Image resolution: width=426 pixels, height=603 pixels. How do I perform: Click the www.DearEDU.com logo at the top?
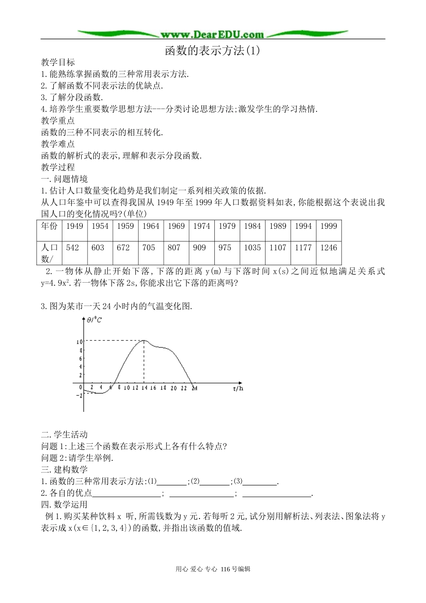click(x=212, y=35)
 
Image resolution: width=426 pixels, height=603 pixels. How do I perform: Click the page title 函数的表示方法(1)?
click(x=213, y=50)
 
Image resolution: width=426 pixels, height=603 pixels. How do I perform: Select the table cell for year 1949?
click(x=74, y=226)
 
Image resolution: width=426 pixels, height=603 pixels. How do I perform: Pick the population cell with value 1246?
click(x=328, y=248)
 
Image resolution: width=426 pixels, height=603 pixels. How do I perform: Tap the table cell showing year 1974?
click(x=201, y=226)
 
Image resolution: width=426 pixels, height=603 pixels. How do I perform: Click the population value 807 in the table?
click(x=174, y=248)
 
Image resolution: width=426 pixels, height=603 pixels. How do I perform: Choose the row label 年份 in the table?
click(x=49, y=226)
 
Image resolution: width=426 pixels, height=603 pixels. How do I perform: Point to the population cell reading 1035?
click(x=252, y=248)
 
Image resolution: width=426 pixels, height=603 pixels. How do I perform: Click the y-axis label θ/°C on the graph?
click(x=94, y=320)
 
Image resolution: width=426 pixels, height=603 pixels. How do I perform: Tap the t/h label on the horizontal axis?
click(x=238, y=389)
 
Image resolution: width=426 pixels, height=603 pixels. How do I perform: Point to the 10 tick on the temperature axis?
click(x=79, y=341)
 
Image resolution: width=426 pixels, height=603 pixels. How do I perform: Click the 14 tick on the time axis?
click(x=144, y=388)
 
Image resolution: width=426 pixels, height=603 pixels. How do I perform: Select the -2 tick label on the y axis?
click(x=79, y=395)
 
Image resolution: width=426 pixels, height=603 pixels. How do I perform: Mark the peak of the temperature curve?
click(x=143, y=341)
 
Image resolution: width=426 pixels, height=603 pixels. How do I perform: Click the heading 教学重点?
click(x=58, y=121)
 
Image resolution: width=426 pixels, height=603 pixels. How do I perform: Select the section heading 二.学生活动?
click(x=64, y=434)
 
